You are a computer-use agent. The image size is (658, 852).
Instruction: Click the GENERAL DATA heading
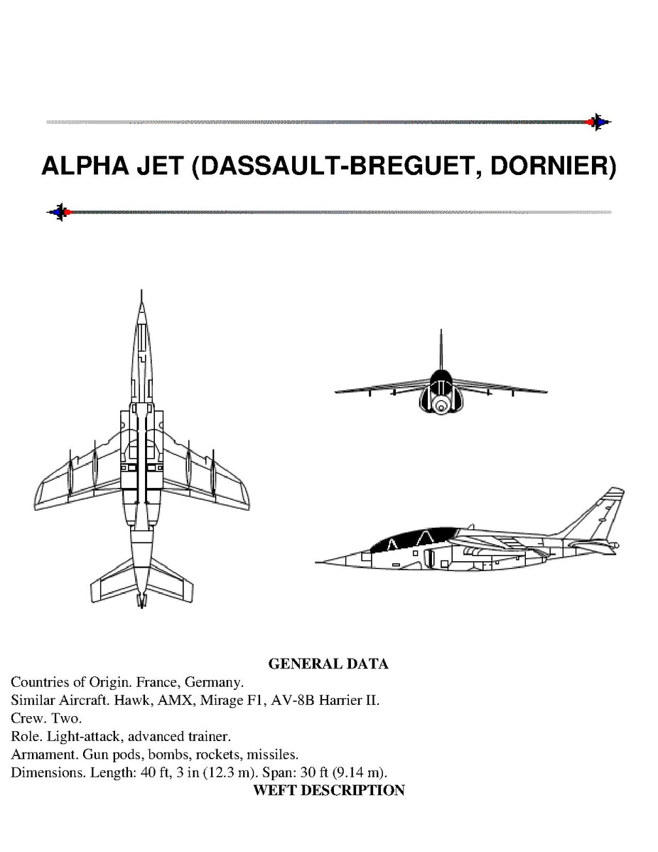click(328, 664)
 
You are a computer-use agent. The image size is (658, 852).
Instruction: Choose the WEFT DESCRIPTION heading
click(329, 790)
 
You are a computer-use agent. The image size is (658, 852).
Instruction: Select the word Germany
click(218, 682)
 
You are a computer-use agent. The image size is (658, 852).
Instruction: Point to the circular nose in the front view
click(441, 406)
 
